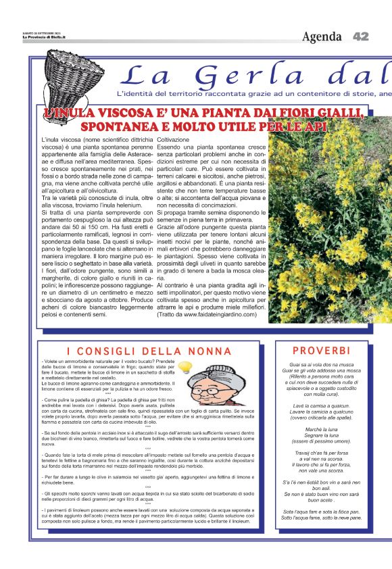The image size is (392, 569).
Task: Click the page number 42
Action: coord(361,36)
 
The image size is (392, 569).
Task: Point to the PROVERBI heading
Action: coord(321,351)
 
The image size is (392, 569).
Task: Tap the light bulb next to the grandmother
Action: coord(185,369)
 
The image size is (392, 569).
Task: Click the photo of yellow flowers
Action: coord(330,216)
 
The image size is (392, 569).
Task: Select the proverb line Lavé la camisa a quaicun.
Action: coord(321,403)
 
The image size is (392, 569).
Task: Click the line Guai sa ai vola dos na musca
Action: coord(321,364)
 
